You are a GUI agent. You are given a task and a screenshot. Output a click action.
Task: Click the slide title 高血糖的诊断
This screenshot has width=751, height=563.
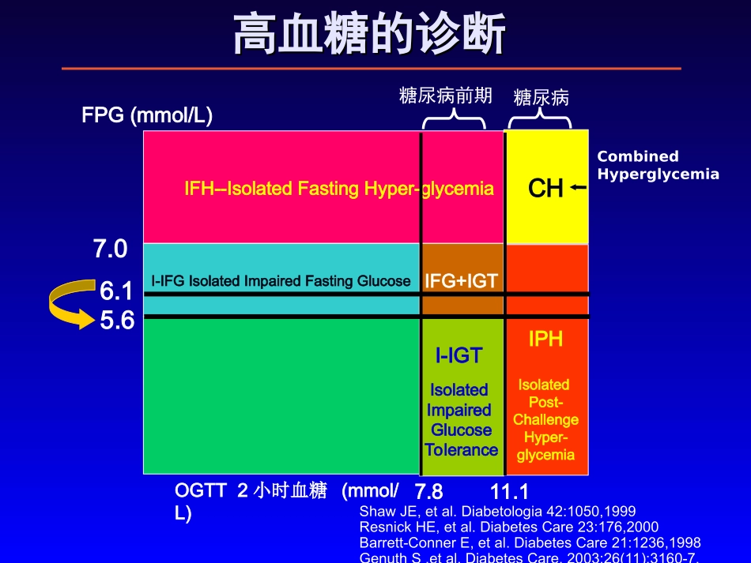[x=370, y=36]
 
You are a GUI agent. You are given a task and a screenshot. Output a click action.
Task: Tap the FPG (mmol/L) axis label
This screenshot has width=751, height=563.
[x=147, y=115]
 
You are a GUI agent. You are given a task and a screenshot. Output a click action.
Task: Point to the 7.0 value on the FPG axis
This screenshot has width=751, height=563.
[x=110, y=250]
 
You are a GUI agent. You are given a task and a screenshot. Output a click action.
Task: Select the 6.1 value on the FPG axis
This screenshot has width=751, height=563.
[x=116, y=292]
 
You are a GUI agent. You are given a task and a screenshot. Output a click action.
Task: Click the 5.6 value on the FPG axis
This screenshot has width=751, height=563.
[x=117, y=321]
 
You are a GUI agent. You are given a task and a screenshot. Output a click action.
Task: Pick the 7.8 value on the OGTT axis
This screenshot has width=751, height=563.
[x=428, y=492]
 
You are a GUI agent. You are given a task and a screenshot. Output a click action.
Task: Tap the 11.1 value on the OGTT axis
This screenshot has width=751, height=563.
[x=509, y=492]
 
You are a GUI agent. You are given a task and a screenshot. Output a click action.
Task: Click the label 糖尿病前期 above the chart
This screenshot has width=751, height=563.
[x=446, y=96]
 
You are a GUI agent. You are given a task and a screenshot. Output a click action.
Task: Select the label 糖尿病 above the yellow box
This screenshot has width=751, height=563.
[x=541, y=98]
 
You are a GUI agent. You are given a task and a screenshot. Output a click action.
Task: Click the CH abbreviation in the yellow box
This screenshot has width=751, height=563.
[x=545, y=189]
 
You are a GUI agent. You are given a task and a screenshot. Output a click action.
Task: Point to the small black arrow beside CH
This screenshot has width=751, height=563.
[x=579, y=188]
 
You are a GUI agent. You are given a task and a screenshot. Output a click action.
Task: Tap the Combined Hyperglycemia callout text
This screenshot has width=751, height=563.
[x=658, y=165]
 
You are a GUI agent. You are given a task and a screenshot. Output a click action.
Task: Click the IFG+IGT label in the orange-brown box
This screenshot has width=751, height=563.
[x=461, y=281]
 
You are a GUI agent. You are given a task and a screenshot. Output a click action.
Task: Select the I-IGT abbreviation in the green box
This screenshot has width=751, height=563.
[x=459, y=356]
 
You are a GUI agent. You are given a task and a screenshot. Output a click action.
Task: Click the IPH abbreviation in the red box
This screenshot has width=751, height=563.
[x=545, y=340]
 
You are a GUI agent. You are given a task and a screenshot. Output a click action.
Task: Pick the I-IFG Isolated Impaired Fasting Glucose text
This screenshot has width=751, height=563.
[x=281, y=281]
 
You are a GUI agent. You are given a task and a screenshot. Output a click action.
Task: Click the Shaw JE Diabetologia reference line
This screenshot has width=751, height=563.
[x=497, y=511]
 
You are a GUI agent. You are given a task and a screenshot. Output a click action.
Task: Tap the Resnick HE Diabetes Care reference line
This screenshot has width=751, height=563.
[x=508, y=527]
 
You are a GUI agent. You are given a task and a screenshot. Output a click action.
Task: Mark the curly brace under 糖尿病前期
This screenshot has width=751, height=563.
[x=454, y=120]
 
